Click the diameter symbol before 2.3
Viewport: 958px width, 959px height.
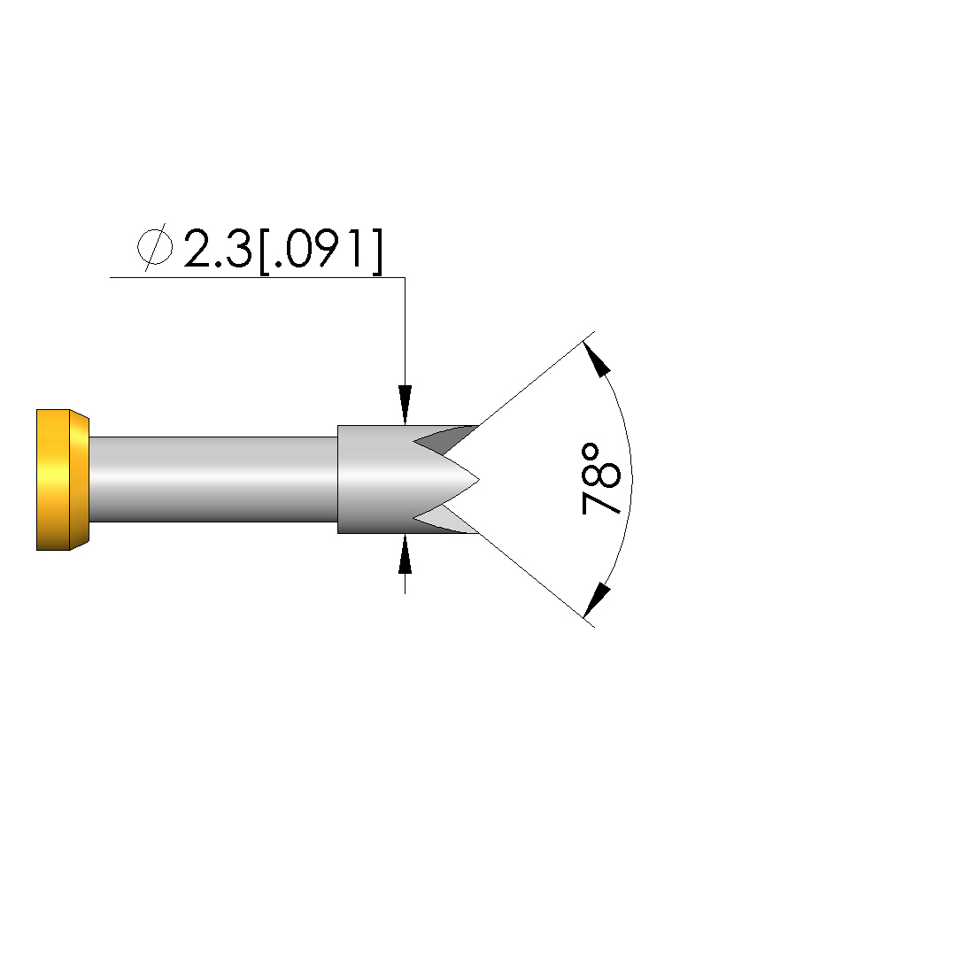tap(155, 248)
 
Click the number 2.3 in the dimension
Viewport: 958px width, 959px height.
tap(218, 250)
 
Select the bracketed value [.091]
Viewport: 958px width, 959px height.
tap(321, 250)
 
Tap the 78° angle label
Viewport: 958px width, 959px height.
tap(599, 480)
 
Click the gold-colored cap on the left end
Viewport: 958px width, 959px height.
tap(62, 480)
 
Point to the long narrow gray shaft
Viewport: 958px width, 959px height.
tap(213, 479)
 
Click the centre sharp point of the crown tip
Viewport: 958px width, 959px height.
tap(479, 480)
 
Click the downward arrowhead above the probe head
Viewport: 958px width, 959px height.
tap(405, 405)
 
